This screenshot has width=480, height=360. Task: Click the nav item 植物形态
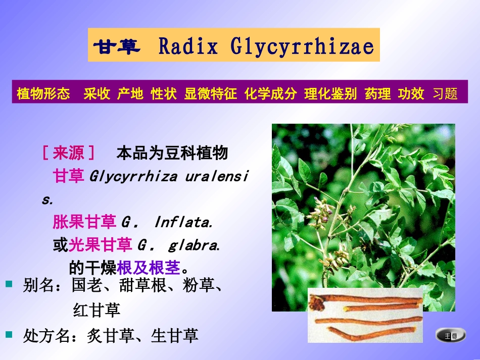[x=43, y=94]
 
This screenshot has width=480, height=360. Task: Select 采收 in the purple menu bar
[x=97, y=94]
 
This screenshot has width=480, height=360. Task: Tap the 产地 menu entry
[x=130, y=94]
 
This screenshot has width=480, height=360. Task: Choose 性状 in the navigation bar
[x=164, y=94]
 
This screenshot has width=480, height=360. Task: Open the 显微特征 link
[x=210, y=94]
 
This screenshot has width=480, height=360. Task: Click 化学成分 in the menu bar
[x=270, y=94]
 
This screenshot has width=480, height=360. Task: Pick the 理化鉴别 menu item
[x=330, y=94]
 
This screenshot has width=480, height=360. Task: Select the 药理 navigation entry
[x=377, y=94]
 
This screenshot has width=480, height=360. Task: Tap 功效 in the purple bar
[x=411, y=94]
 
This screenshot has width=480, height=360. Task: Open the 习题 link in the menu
[x=445, y=94]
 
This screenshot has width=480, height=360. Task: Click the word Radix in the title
[x=188, y=46]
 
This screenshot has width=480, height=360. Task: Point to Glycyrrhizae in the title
[x=302, y=46]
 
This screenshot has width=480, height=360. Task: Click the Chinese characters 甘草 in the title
[x=116, y=46]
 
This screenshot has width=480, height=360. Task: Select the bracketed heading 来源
[x=69, y=152]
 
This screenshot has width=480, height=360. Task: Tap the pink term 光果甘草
[x=101, y=245]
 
